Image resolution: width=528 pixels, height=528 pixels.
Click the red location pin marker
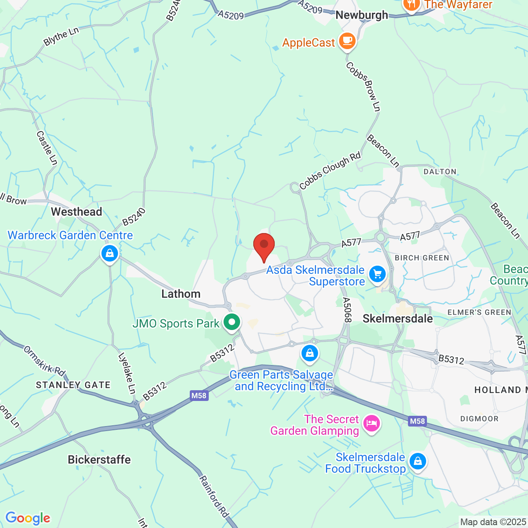[x=264, y=245]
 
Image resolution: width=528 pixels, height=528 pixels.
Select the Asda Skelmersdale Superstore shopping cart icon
[x=377, y=274]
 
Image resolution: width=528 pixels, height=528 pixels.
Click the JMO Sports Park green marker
[x=232, y=322]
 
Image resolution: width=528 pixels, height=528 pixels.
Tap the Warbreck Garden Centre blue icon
[x=110, y=253]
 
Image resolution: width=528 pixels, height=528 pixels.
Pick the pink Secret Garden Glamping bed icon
[x=371, y=423]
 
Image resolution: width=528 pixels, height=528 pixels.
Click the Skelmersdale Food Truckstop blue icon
[x=417, y=461]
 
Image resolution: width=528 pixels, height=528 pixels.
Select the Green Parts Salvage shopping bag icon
[x=309, y=353]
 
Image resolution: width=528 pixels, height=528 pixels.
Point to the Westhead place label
[x=76, y=212]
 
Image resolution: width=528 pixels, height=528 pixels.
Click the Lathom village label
[x=181, y=294]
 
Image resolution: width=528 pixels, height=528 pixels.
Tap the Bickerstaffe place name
[x=99, y=460]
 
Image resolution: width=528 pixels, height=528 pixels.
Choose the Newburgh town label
[x=362, y=15]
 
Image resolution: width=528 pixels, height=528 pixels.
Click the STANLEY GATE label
[x=73, y=385]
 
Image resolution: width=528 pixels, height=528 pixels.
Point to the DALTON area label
[x=440, y=172]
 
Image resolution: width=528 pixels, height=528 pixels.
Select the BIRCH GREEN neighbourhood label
[x=422, y=258]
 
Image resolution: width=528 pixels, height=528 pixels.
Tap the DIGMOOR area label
[x=479, y=419]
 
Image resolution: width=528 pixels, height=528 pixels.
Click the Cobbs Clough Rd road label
[x=330, y=171]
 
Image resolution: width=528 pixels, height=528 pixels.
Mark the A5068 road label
[x=346, y=310]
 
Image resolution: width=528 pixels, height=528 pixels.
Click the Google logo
[x=28, y=518]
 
